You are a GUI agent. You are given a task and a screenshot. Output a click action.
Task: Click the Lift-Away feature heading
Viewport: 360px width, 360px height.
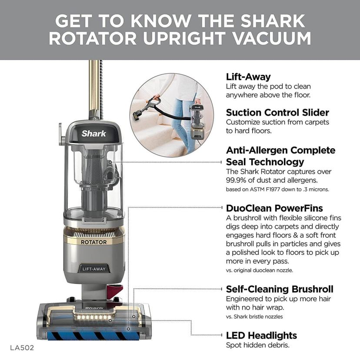click(x=248, y=77)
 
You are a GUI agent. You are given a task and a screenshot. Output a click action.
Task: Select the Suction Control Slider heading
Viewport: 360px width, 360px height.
click(x=277, y=112)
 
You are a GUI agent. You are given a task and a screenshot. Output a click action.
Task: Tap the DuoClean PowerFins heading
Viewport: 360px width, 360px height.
click(x=274, y=208)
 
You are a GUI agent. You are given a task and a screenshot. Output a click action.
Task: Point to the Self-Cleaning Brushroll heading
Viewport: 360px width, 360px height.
click(x=280, y=289)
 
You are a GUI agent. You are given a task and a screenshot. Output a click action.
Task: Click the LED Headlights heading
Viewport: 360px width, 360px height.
click(x=261, y=335)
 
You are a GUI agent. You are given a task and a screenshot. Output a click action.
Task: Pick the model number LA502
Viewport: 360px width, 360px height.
click(x=22, y=348)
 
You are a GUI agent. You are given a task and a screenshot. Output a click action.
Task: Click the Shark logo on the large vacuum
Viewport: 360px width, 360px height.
click(x=93, y=133)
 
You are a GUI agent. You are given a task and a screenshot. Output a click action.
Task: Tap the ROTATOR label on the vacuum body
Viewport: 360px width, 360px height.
click(x=94, y=242)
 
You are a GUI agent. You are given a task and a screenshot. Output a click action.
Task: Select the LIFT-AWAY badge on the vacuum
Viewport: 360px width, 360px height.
click(x=94, y=269)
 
